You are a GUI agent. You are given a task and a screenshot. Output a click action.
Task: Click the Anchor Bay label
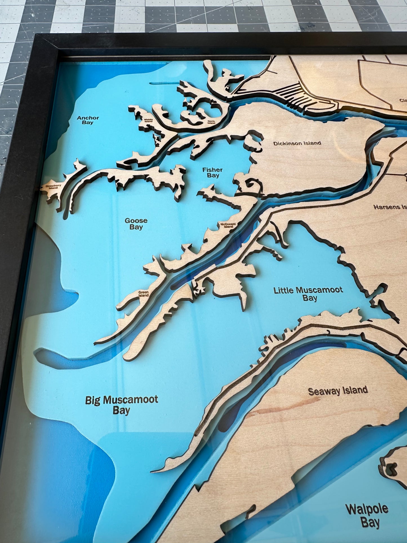click(x=88, y=120)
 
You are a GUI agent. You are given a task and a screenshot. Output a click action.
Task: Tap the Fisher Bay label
click(x=213, y=172)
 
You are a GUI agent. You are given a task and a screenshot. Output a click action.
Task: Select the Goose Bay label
click(x=136, y=224)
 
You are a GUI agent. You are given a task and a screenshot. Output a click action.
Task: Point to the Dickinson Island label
click(x=297, y=143)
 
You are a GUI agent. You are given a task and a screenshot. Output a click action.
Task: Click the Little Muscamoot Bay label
click(x=308, y=294)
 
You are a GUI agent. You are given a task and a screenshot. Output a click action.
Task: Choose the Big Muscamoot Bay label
click(x=122, y=405)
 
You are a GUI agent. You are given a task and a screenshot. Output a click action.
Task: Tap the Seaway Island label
click(x=338, y=391)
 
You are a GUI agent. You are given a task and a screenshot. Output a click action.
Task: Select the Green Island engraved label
click(x=143, y=294)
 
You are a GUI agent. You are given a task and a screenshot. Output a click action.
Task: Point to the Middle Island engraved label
click(x=148, y=120)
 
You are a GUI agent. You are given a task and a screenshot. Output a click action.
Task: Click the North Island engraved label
click(x=211, y=122)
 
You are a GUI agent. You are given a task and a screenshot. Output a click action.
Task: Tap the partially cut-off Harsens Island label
click(x=390, y=207)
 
